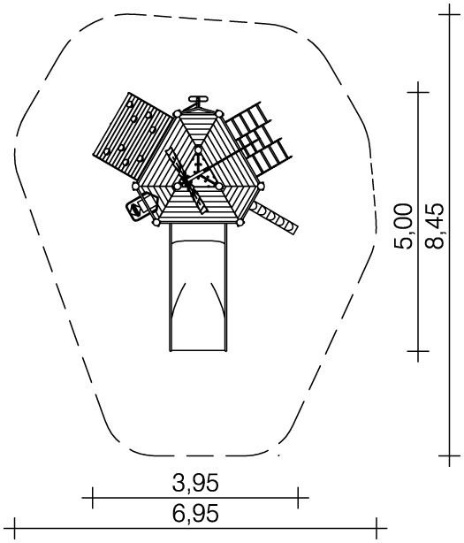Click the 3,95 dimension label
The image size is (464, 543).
click(x=195, y=483)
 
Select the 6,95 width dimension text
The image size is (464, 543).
click(x=195, y=513)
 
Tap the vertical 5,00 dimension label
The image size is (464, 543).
click(x=403, y=226)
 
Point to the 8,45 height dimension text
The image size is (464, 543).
click(x=434, y=226)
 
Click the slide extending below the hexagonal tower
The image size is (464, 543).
click(x=198, y=287)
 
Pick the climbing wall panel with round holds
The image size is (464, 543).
click(x=133, y=135)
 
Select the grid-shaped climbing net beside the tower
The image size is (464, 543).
click(x=260, y=139)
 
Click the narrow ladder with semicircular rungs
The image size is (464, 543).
click(x=274, y=218)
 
